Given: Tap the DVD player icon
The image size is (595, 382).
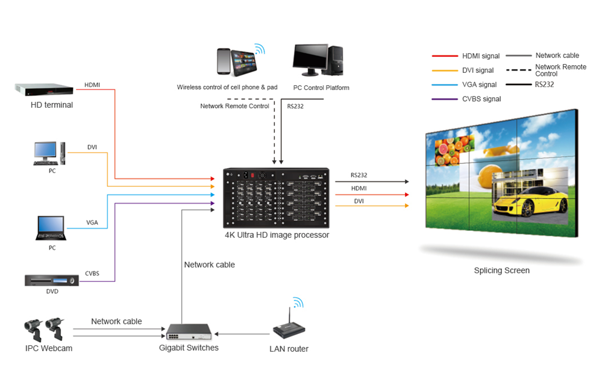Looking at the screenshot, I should (52, 280).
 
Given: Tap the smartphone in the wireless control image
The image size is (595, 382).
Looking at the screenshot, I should (223, 61).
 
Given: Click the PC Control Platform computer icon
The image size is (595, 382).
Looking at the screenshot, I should (318, 60).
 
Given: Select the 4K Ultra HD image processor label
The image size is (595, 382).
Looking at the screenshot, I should (277, 235).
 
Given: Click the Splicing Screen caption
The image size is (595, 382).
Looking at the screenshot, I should (502, 270).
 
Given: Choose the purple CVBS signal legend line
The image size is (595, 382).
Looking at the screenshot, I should (444, 99).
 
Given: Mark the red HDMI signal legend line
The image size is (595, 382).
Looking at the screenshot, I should (444, 56).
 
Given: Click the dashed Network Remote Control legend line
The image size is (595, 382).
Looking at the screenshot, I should (518, 70).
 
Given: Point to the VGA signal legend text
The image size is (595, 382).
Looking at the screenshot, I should (480, 85).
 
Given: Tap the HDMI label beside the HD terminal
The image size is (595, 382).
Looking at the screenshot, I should (92, 85).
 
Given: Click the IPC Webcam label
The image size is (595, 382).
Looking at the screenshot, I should (49, 348).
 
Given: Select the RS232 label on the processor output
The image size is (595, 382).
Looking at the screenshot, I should (359, 175).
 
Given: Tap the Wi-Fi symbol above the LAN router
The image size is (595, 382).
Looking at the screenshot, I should (298, 302).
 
